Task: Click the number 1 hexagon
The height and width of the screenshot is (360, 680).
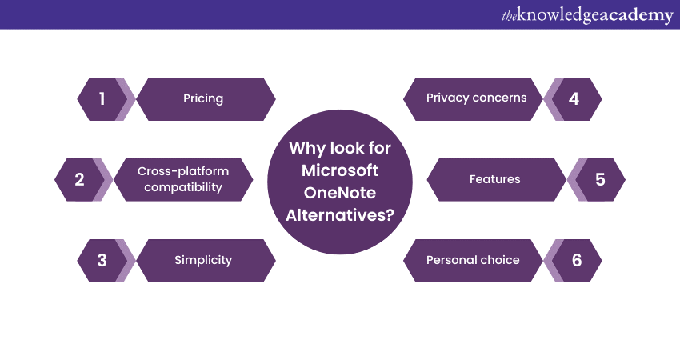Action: tap(102, 99)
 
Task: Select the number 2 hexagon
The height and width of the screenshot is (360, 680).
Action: tap(80, 179)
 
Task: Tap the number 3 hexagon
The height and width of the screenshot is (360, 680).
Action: tap(102, 260)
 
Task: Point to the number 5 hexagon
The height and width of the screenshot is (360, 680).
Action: tap(600, 179)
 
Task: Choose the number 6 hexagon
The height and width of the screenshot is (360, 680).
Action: tap(576, 260)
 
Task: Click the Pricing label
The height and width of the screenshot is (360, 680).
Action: tap(203, 99)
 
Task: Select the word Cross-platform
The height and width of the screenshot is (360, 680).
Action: tap(183, 171)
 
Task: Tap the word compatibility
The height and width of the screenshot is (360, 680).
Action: tap(183, 187)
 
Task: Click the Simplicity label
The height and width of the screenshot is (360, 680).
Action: tap(203, 260)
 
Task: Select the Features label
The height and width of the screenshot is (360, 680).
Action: tap(495, 179)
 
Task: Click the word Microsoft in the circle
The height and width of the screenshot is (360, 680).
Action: tap(340, 170)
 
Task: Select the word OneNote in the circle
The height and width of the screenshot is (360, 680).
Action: tap(340, 193)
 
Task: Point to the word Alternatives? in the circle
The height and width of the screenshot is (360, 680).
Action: tap(340, 215)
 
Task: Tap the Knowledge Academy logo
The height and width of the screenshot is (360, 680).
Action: tap(587, 15)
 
